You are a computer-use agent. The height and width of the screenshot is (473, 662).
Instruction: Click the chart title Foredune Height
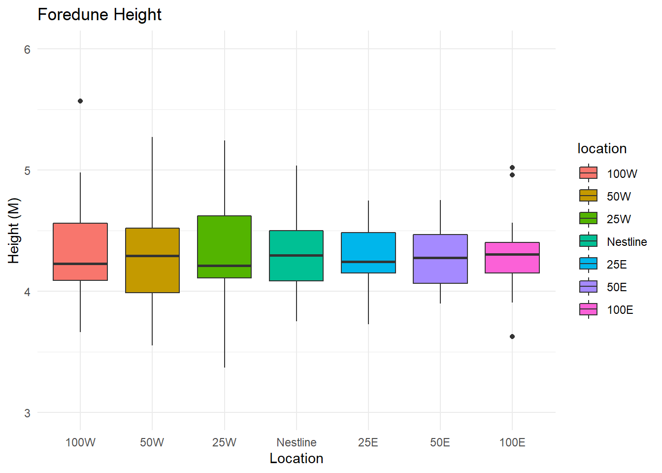pos(99,15)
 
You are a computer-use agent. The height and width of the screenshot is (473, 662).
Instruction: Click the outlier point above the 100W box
pos(80,101)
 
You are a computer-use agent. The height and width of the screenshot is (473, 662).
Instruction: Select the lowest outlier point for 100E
pos(512,337)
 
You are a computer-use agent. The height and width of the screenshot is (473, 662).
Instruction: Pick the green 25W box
pos(225,241)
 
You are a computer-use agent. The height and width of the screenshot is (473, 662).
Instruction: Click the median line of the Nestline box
pos(297,255)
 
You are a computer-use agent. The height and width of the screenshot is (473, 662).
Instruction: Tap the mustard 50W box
pos(152,273)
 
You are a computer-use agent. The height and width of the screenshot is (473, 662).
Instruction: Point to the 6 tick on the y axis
pos(27,49)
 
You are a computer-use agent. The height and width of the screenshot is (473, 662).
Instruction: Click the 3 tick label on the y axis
pos(27,413)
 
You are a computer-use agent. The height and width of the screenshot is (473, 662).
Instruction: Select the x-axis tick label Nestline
pos(297,442)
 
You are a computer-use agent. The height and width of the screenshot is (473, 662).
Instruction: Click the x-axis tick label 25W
pos(225,442)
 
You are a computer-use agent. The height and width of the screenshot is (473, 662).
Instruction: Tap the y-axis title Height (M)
pos(14,231)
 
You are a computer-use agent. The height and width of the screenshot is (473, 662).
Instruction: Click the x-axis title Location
pos(297,459)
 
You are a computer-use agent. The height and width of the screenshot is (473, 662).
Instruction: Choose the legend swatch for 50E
pos(589,287)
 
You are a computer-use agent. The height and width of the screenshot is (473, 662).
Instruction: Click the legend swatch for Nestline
pos(589,241)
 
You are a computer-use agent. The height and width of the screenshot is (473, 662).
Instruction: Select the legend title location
pos(602,149)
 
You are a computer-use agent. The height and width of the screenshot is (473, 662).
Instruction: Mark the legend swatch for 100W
pos(589,173)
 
